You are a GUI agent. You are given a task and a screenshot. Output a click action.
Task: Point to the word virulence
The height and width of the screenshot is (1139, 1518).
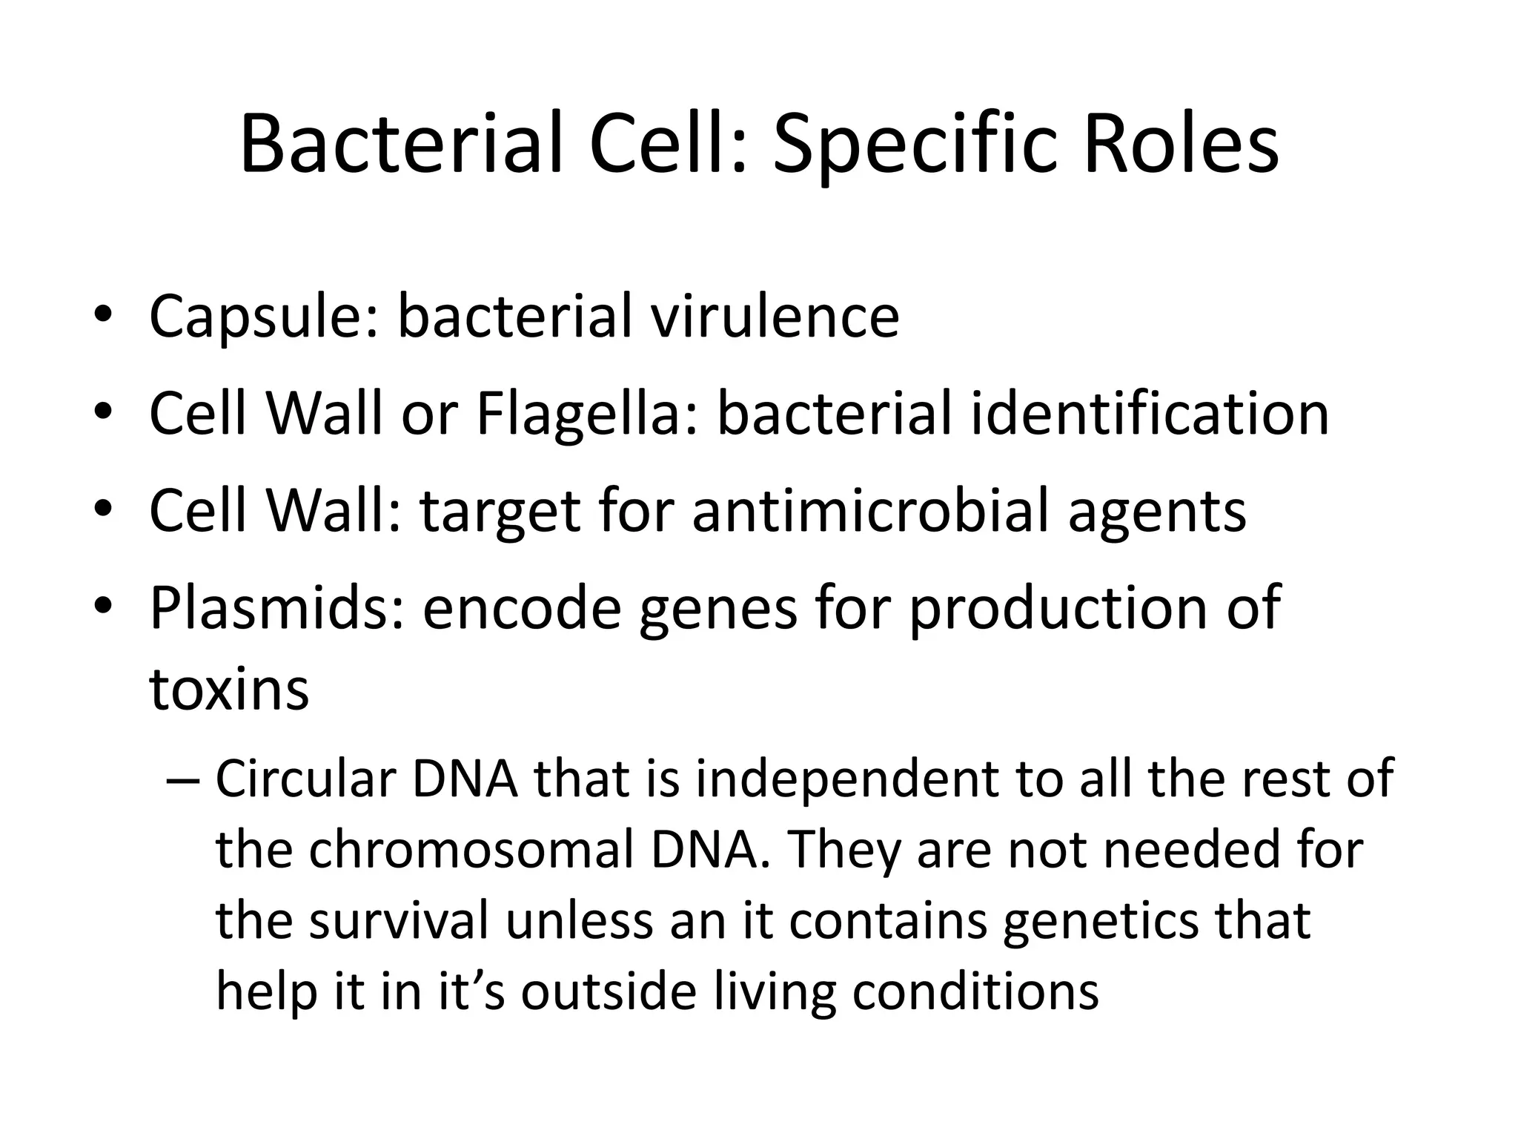point(775,316)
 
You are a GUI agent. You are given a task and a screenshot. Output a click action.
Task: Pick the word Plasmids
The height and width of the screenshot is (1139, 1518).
point(277,608)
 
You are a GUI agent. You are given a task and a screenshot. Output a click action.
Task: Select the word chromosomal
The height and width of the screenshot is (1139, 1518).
point(471,850)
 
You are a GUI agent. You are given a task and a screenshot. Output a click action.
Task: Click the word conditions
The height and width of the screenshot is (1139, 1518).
point(975,992)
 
